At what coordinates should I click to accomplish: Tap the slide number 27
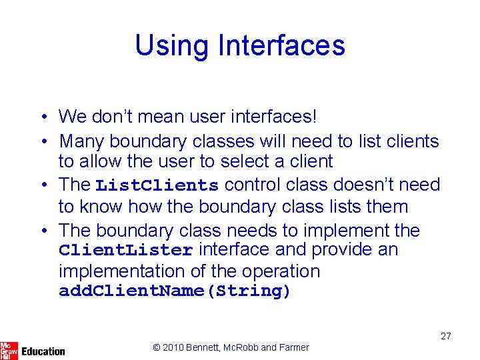click(x=445, y=336)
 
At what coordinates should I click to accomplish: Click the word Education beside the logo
click(x=43, y=351)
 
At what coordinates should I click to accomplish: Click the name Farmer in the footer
click(x=294, y=347)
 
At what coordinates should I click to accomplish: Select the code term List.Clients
click(x=157, y=185)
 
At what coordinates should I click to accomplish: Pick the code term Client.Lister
click(x=126, y=251)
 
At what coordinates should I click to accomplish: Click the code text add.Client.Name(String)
click(x=175, y=291)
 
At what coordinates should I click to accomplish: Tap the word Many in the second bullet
click(x=82, y=141)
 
